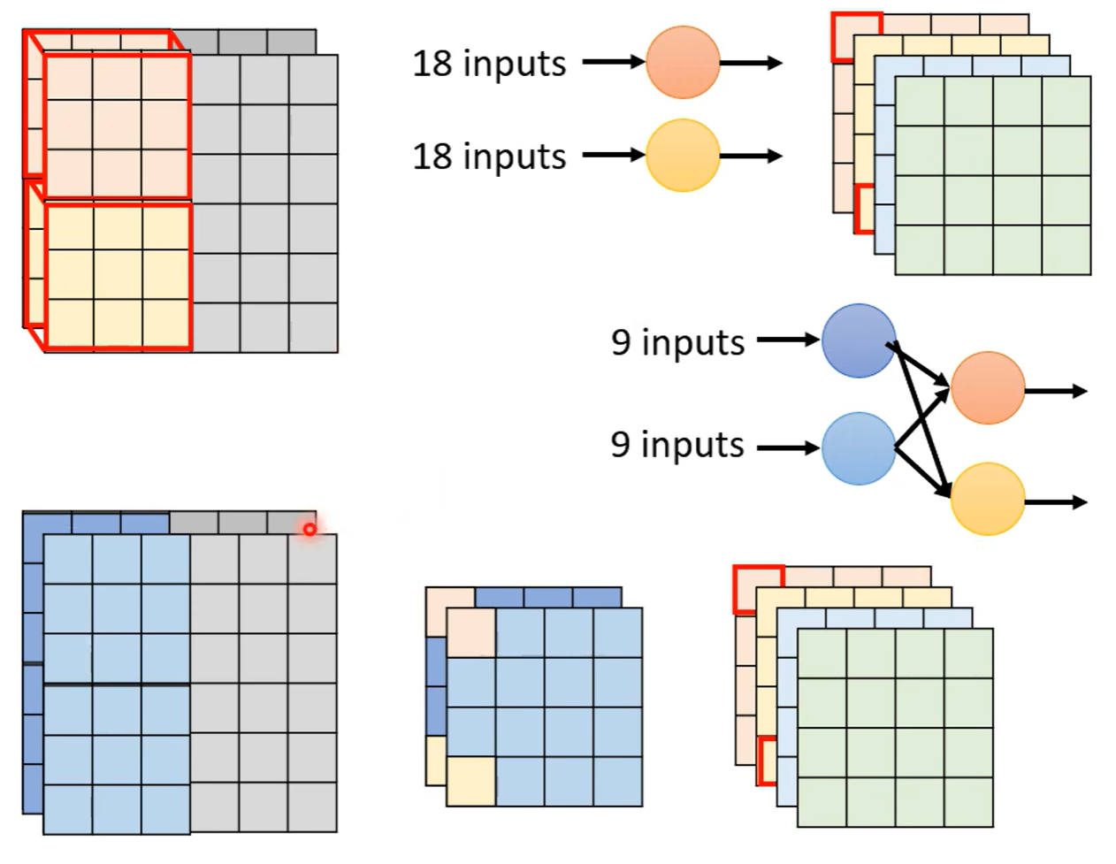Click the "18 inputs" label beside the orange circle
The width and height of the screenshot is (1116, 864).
click(x=489, y=64)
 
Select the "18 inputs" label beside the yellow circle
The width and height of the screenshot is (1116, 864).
click(x=489, y=157)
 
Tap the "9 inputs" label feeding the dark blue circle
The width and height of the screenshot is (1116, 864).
click(x=677, y=342)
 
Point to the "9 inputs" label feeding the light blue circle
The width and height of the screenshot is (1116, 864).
click(x=677, y=444)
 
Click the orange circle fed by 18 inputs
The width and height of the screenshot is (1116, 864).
click(x=683, y=62)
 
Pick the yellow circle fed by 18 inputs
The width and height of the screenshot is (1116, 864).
click(x=683, y=156)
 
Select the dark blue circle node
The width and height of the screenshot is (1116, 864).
click(x=859, y=340)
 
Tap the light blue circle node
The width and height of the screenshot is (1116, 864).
click(x=859, y=448)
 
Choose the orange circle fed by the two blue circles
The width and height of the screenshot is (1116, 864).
click(x=987, y=388)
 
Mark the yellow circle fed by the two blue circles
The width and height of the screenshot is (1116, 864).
click(x=987, y=499)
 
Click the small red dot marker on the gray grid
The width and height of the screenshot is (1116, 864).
click(x=310, y=529)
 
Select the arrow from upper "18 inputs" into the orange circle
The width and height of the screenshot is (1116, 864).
click(x=613, y=62)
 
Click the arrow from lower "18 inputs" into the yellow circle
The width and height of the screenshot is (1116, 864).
click(x=613, y=156)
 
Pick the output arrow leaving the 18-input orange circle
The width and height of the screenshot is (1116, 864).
click(x=751, y=63)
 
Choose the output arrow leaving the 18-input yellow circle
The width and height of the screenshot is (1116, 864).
click(x=751, y=157)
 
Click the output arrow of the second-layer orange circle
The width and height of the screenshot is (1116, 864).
click(x=1056, y=391)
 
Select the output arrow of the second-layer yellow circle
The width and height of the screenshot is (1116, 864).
click(x=1056, y=502)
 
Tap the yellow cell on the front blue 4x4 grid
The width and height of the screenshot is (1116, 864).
click(x=470, y=781)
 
